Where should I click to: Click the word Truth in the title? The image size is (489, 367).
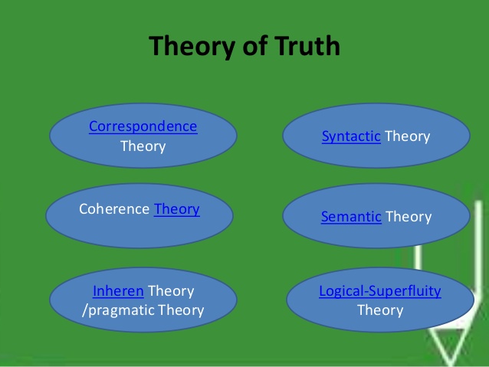point(300,46)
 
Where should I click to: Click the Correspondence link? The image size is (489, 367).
point(143,126)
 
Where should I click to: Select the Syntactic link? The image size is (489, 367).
point(351,136)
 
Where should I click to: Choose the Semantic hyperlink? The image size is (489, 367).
point(351,217)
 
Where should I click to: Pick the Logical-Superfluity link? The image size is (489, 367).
point(380,291)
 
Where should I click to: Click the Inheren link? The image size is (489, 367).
point(118,291)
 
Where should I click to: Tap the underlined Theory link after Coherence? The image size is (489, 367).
point(176,208)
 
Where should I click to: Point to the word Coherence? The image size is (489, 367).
point(114,208)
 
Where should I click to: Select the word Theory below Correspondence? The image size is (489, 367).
point(143,146)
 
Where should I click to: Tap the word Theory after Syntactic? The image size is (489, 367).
point(407,136)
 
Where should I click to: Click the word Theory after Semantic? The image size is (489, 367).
point(408,217)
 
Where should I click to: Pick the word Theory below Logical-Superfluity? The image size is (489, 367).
point(380,310)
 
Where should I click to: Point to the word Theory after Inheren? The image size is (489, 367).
point(171,291)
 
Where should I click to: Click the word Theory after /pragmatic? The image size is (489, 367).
point(181,310)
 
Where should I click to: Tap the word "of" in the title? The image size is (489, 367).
point(248,46)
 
